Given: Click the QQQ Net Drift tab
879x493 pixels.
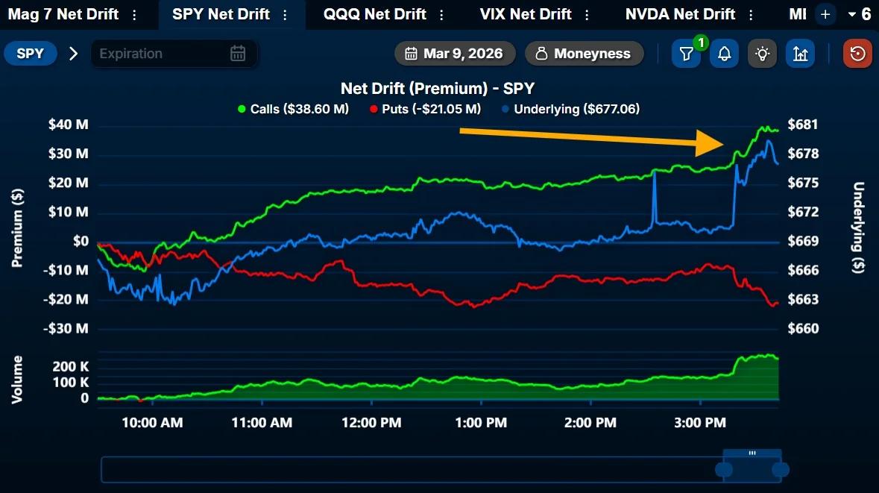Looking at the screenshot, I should click(374, 14).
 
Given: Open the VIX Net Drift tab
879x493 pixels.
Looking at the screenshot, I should click(526, 14).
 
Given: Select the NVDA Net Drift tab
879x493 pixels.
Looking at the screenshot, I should click(680, 14).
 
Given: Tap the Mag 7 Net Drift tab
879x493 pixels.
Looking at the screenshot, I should click(63, 14).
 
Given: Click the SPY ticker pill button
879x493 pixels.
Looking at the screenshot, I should click(31, 54).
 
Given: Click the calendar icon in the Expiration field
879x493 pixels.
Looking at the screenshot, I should click(238, 54).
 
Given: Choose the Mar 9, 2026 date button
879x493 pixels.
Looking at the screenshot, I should click(454, 54).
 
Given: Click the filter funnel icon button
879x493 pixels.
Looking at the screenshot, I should click(686, 54).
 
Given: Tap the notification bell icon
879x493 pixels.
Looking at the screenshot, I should click(724, 54).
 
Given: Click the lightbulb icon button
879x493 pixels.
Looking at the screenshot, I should click(762, 54).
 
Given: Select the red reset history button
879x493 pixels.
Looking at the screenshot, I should click(857, 54).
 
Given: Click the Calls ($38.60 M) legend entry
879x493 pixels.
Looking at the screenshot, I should click(293, 109).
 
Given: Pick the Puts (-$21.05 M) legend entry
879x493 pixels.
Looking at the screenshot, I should click(425, 109).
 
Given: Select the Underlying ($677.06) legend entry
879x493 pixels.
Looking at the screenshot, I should click(570, 109).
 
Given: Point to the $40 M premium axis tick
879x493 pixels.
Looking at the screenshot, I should click(68, 125).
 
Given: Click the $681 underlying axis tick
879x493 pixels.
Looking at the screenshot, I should click(803, 125).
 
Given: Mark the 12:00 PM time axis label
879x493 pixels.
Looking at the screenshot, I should click(371, 423).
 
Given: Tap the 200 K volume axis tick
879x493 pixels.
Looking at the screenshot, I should click(71, 367).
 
